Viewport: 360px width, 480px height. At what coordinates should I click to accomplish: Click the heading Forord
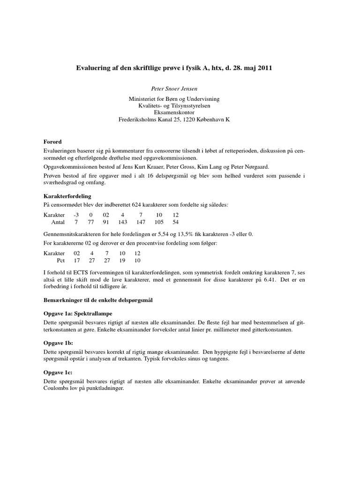coord(52,142)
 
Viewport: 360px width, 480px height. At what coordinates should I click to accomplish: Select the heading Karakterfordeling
coord(67,195)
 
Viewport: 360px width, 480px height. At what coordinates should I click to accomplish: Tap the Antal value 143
coord(123,222)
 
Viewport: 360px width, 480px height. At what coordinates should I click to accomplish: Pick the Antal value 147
coord(141,222)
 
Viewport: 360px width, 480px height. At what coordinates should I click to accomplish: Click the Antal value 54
coord(176,222)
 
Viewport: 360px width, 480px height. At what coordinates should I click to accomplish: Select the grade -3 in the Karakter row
coord(76,215)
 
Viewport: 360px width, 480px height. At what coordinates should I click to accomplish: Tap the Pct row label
coord(61,260)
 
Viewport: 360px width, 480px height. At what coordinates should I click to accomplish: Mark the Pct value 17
coord(77,260)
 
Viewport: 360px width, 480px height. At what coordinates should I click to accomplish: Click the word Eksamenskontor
coord(173,112)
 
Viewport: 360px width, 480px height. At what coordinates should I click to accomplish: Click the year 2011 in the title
coord(263,68)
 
